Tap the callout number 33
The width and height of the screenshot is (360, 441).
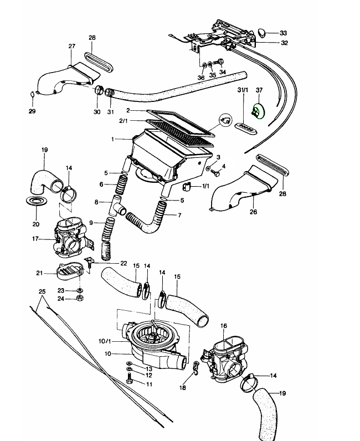point(284,33)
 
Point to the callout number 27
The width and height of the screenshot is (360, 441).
point(71,46)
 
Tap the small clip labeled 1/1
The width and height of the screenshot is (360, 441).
point(187,186)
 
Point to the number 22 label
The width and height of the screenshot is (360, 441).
point(124,263)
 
